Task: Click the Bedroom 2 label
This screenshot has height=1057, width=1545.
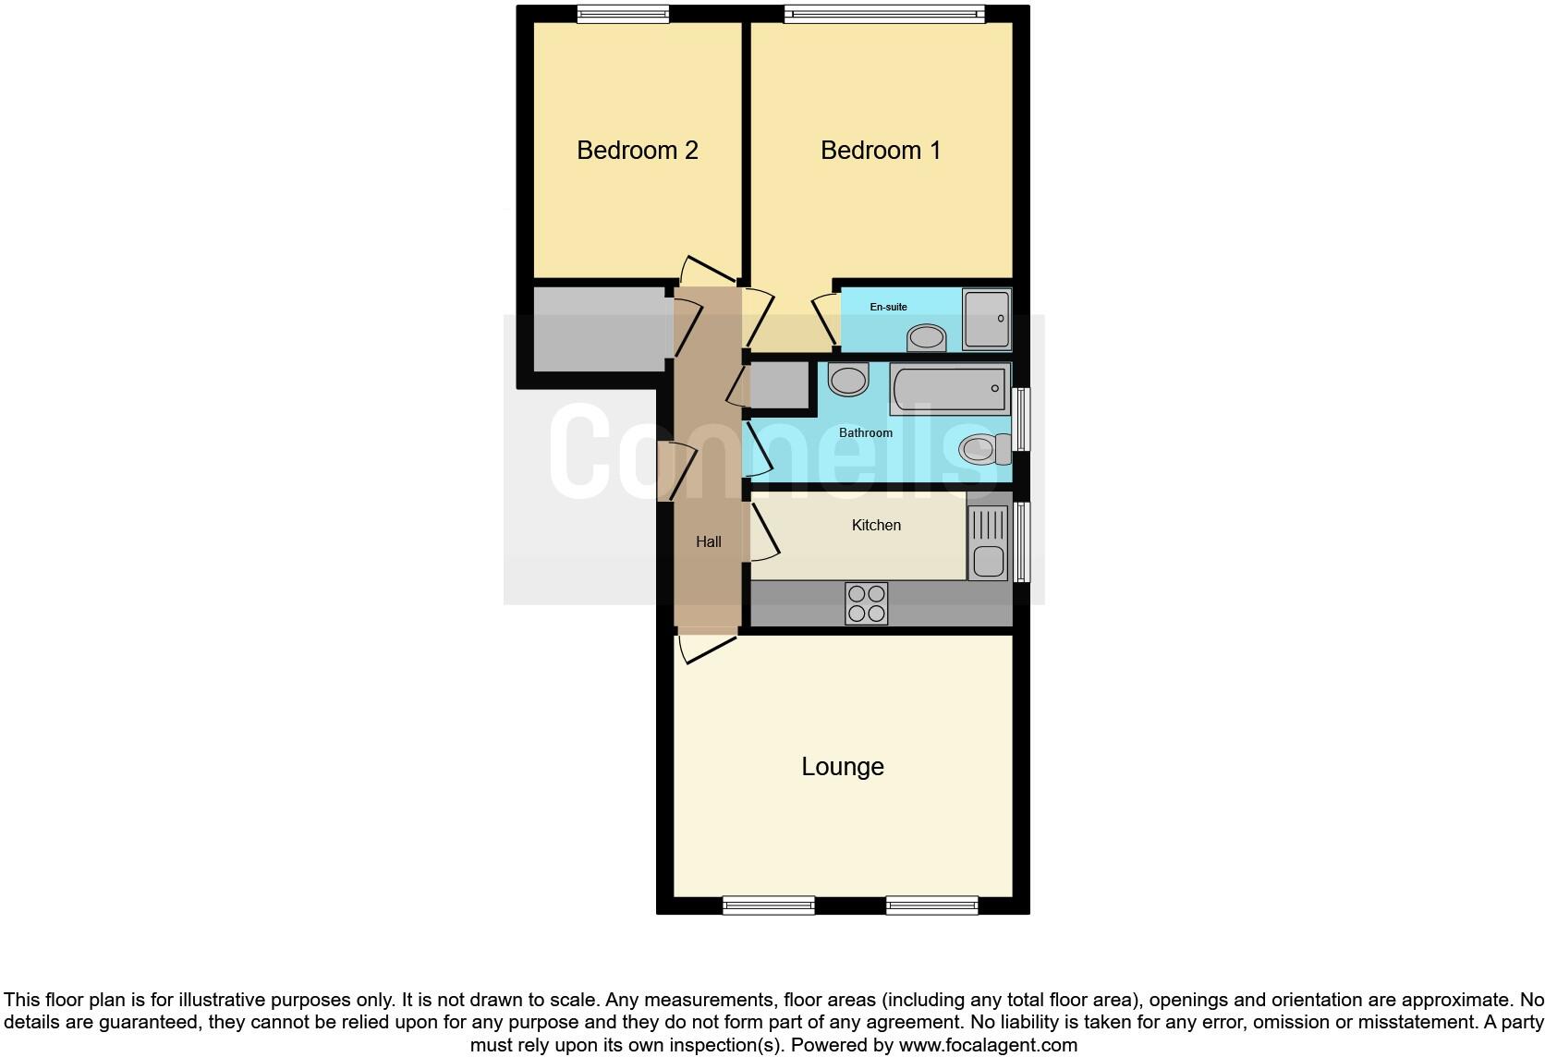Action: pos(637,151)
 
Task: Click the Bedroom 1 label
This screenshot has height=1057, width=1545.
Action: pos(881,151)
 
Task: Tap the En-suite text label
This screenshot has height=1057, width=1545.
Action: pos(888,307)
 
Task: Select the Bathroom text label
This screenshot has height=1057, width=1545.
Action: pos(865,432)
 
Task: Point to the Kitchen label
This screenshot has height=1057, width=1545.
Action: pos(875,525)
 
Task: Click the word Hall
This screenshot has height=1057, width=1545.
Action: pos(708,541)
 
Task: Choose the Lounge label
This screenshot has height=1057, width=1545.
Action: pos(842,767)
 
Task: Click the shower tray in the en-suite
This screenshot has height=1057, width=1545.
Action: pos(986,319)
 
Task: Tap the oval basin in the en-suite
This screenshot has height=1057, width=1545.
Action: pos(926,338)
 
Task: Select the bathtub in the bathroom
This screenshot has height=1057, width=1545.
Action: pos(949,388)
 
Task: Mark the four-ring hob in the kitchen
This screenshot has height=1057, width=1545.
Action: pos(867,603)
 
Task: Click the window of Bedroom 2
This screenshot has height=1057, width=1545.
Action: pos(622,14)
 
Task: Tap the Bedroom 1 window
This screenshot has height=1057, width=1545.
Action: pos(884,14)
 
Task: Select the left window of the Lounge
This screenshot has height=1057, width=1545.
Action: pos(768,905)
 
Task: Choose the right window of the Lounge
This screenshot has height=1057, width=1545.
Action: pos(931,905)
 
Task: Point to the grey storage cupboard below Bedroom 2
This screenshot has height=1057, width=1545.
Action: pos(599,330)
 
